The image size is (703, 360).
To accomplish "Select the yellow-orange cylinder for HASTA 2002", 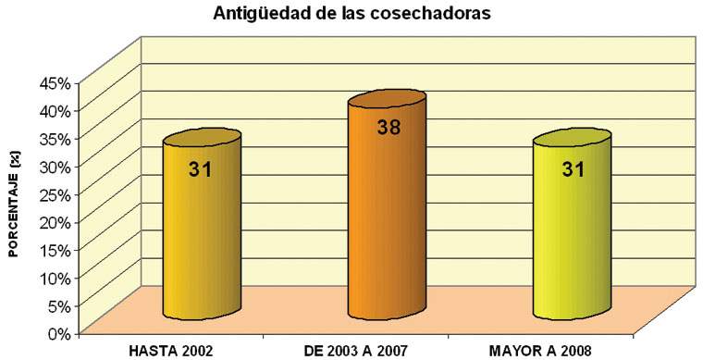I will [202, 241].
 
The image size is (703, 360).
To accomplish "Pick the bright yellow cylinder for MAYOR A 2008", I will [572, 241].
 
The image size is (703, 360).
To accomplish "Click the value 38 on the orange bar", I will [388, 129].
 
